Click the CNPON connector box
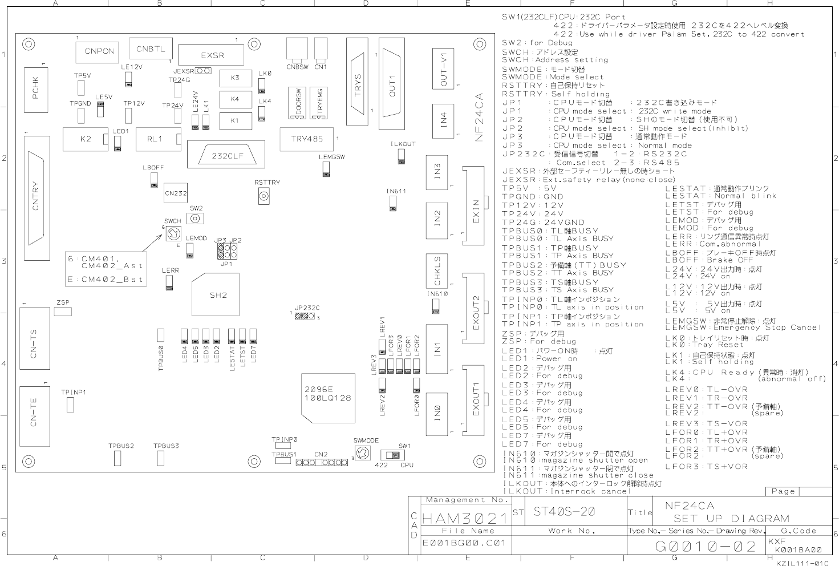[x=99, y=51]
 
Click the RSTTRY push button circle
[x=264, y=197]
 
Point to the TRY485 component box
[x=306, y=139]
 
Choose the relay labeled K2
[x=86, y=139]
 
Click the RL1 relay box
[x=155, y=139]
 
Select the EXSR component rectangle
[x=212, y=55]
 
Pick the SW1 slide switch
[x=392, y=455]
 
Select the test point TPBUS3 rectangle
[x=161, y=458]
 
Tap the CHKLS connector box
[x=437, y=271]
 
